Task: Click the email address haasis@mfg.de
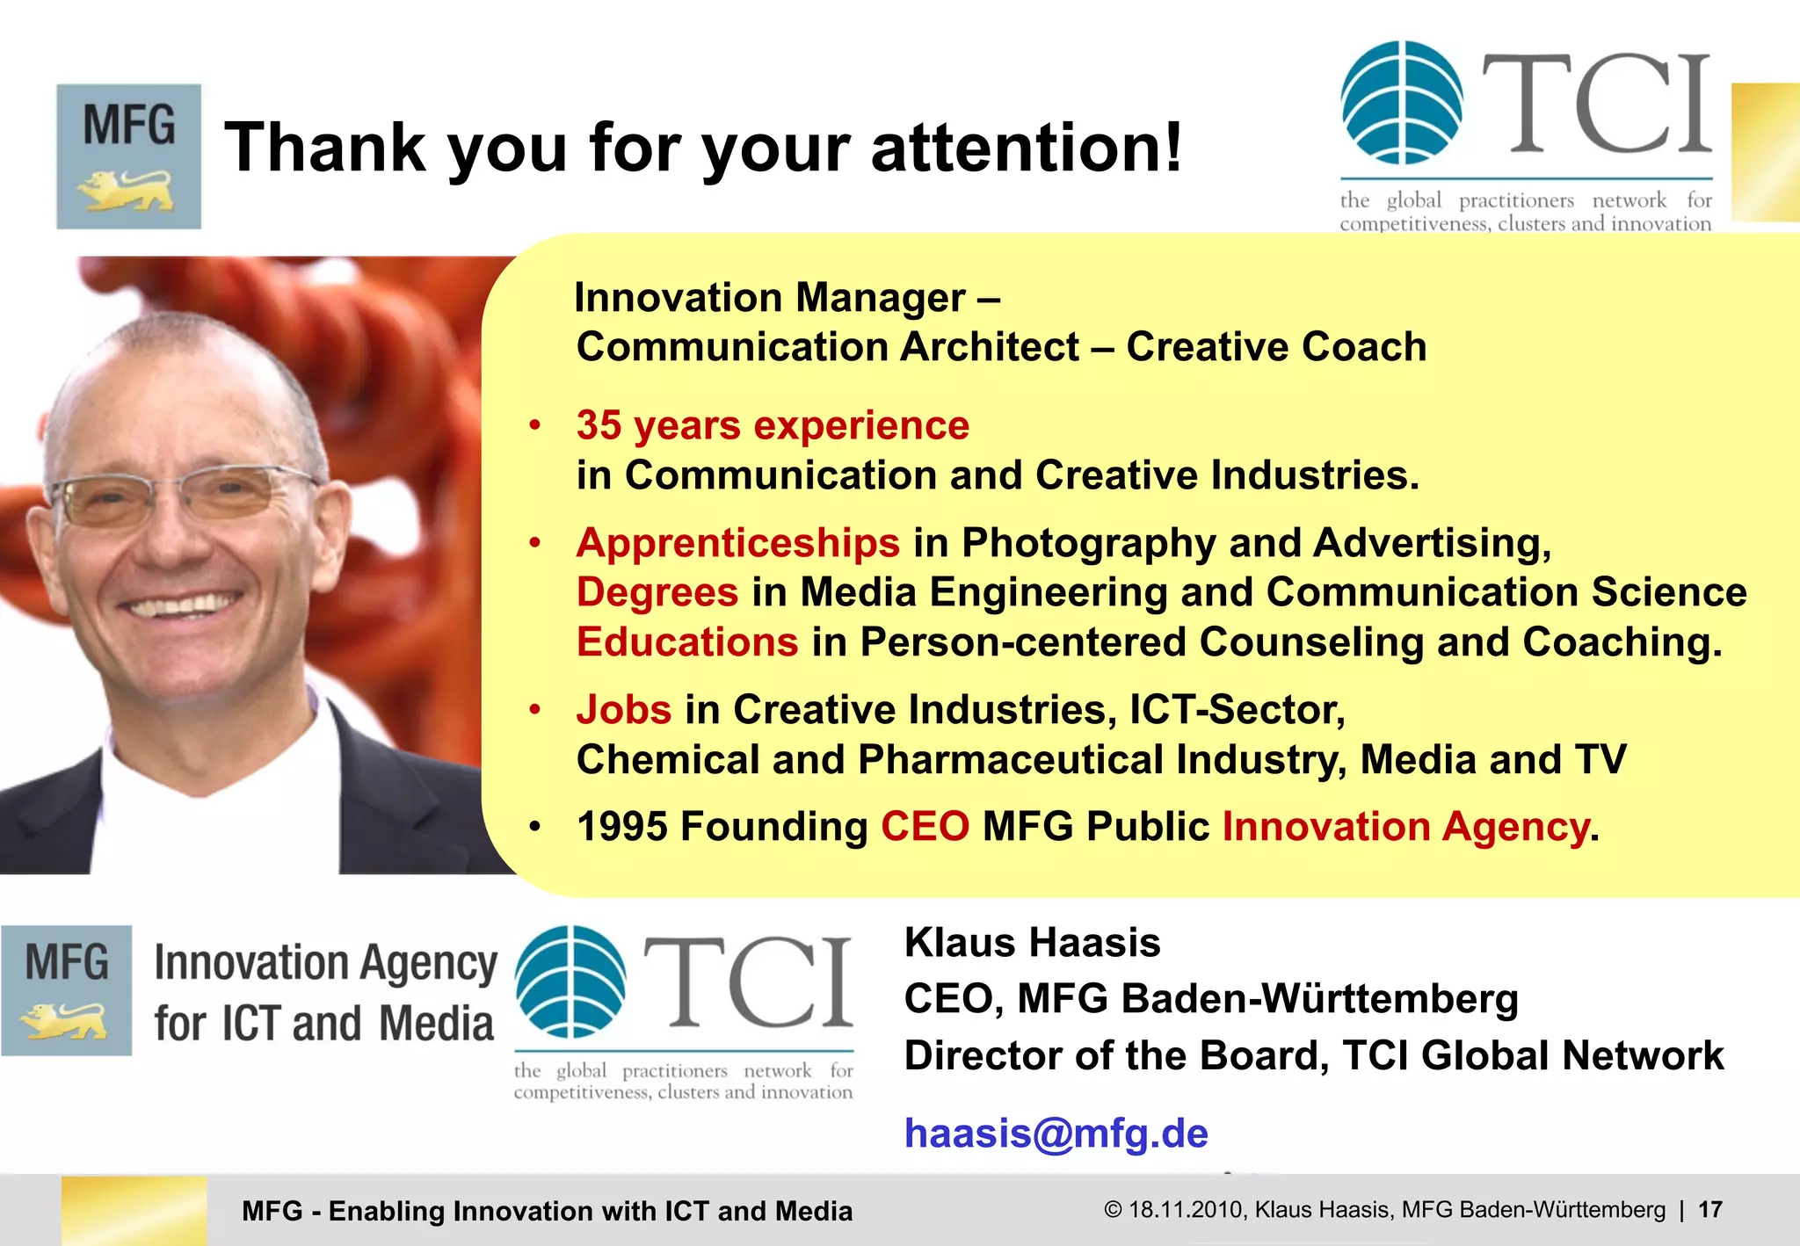[x=1056, y=1134]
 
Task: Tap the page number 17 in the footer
[x=1709, y=1210]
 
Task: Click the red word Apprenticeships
[x=737, y=543]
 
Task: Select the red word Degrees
[x=657, y=592]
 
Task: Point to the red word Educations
[x=686, y=642]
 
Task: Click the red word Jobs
[x=623, y=710]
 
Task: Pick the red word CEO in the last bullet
[x=925, y=827]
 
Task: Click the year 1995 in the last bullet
[x=621, y=827]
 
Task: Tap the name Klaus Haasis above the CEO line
[x=1032, y=943]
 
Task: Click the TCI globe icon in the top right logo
[x=1401, y=103]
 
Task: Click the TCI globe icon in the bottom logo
[x=570, y=982]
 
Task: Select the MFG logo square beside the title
[x=129, y=156]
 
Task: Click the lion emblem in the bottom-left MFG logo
[x=63, y=1022]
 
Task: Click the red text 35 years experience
[x=773, y=426]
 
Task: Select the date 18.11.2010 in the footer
[x=1187, y=1210]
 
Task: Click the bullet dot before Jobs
[x=534, y=709]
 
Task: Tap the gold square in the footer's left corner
[x=134, y=1210]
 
